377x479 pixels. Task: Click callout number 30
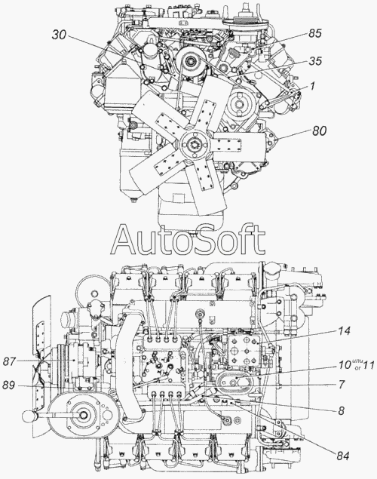point(60,35)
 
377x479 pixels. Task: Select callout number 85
point(314,33)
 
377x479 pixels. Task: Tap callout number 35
point(315,61)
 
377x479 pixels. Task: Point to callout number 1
point(312,86)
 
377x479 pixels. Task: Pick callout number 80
point(319,130)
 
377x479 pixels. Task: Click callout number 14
point(344,331)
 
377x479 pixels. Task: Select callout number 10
point(344,365)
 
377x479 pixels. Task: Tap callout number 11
point(368,365)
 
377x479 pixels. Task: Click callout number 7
point(342,385)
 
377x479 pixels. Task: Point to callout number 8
point(342,411)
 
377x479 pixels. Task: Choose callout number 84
point(342,456)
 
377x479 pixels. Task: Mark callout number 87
point(10,361)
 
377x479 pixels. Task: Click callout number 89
point(8,385)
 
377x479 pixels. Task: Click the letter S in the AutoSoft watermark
point(204,239)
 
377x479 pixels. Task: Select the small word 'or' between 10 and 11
point(357,368)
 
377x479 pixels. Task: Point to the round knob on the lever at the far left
point(29,416)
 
